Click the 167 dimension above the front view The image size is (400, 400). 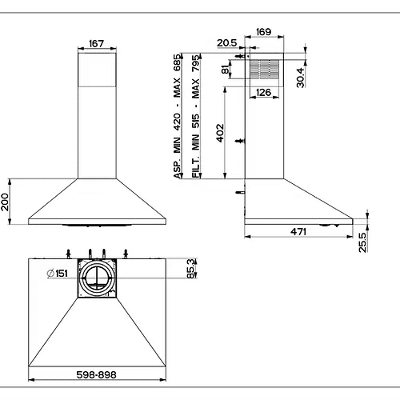[96, 43]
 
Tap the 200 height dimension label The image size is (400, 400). [5, 202]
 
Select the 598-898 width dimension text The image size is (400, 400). [96, 375]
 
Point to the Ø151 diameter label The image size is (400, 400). [57, 274]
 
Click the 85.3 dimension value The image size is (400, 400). [191, 269]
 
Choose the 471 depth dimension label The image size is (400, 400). [298, 231]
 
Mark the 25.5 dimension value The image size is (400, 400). [362, 242]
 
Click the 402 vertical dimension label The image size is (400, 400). [220, 133]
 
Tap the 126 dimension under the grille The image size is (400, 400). [263, 92]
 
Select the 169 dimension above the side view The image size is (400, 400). [263, 32]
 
